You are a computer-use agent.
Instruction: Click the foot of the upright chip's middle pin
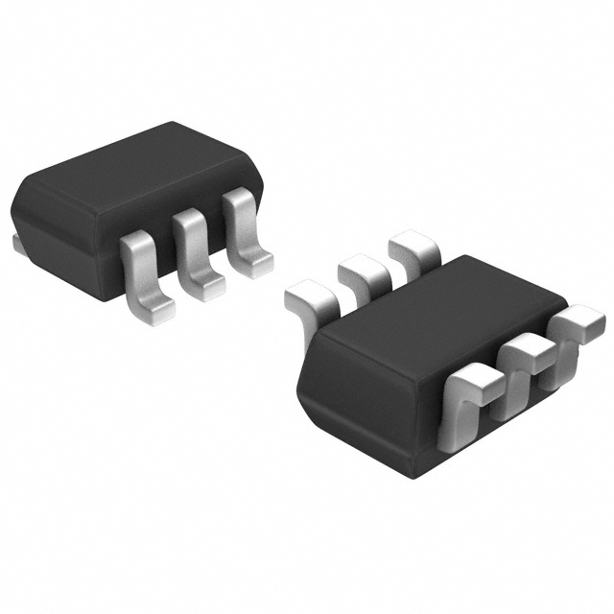coord(206,285)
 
